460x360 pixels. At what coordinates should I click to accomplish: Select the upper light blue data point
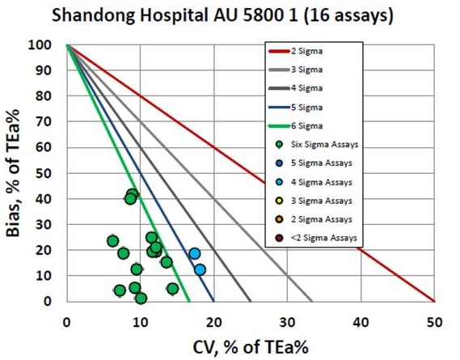click(x=194, y=253)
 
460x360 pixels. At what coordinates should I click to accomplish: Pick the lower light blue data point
click(x=200, y=269)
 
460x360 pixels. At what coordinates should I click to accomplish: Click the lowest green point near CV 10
click(x=141, y=298)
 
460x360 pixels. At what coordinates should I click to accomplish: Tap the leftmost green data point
click(x=112, y=240)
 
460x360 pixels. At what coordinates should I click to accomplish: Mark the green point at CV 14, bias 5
click(x=172, y=288)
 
